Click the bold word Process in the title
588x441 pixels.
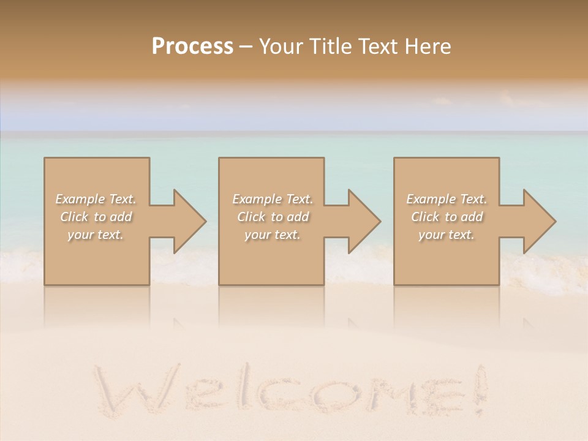tap(192, 46)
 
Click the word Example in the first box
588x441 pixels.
tap(80, 199)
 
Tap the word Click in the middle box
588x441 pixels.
tap(251, 217)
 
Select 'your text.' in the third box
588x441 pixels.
tap(447, 235)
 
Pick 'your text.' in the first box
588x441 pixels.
tap(96, 235)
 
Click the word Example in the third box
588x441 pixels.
tap(431, 199)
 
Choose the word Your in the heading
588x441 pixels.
tap(281, 46)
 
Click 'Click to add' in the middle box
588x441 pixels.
tap(273, 217)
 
